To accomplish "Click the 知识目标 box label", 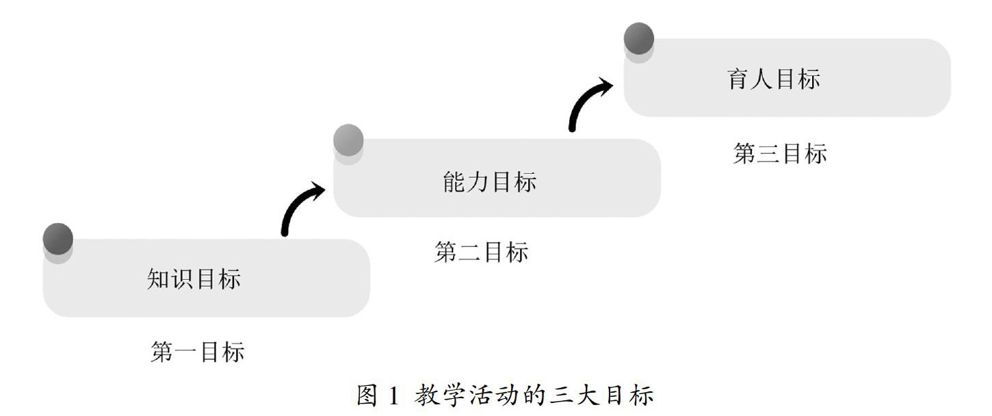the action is (x=194, y=279).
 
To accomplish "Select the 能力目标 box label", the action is (x=490, y=182).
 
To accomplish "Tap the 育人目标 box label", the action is (x=774, y=79).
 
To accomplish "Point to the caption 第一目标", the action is (x=197, y=352).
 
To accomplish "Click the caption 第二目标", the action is (x=482, y=252).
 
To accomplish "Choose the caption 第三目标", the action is (x=780, y=154).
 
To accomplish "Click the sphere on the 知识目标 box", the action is (x=57, y=239).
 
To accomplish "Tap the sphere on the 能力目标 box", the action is (x=348, y=140).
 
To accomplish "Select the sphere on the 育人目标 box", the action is (x=639, y=38).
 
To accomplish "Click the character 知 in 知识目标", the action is (x=159, y=279).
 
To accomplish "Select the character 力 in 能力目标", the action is (x=478, y=182).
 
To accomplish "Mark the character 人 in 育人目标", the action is (x=762, y=79).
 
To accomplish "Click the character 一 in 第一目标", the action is (x=185, y=353).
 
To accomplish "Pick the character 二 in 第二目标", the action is (x=470, y=252).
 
